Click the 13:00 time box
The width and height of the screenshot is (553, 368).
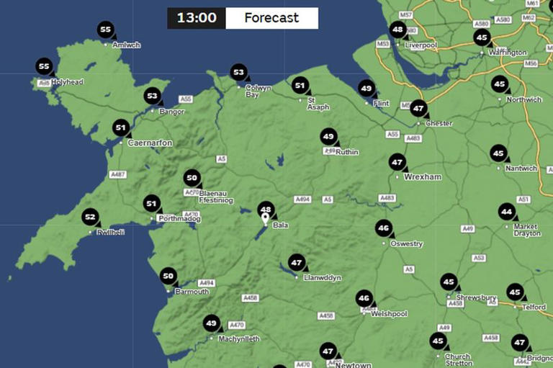[x=197, y=18]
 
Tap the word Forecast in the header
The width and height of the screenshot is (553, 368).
[x=271, y=18]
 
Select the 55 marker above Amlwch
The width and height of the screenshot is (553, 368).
[x=106, y=30]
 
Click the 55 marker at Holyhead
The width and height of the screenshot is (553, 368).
[x=44, y=67]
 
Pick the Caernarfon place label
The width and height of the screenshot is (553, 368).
[x=150, y=143]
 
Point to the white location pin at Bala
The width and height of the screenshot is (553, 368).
[x=265, y=219]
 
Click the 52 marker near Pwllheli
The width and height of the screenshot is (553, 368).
[x=90, y=217]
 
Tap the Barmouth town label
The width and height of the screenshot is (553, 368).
[x=192, y=292]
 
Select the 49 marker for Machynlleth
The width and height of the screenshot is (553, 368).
[x=211, y=323]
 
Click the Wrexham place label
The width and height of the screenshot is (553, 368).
[x=423, y=176]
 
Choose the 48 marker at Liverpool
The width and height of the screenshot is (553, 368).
[x=397, y=30]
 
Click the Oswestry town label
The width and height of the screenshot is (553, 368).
[x=406, y=244]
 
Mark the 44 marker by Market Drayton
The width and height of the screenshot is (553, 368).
[x=507, y=212]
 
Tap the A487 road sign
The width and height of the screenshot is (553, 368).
[x=118, y=175]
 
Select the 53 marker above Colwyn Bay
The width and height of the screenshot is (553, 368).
[x=238, y=72]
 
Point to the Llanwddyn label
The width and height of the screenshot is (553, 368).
[x=321, y=277]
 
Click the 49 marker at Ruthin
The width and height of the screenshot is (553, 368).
[x=328, y=137]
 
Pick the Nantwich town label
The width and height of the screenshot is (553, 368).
[x=521, y=169]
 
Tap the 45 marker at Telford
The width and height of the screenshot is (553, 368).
[x=514, y=292]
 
